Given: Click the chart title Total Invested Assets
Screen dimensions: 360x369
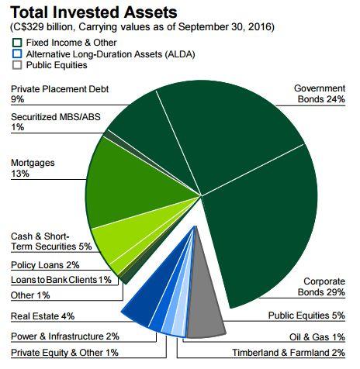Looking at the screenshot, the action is [94, 12].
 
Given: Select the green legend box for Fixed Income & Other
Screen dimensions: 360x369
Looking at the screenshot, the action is [17, 43].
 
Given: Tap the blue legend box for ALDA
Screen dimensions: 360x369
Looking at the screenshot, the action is [17, 53].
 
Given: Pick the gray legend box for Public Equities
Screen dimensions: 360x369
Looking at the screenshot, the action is [17, 65].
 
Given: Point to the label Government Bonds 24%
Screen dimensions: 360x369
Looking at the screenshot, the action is [320, 94].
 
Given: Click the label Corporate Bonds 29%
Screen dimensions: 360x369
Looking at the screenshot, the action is [321, 287].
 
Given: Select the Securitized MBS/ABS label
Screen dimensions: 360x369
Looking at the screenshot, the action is [56, 122].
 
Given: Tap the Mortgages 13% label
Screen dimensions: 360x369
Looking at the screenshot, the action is [33, 168].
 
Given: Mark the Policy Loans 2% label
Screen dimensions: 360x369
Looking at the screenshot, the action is [45, 265].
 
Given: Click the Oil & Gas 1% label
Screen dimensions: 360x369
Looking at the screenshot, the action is [317, 337].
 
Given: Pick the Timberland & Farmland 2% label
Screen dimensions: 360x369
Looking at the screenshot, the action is [289, 353].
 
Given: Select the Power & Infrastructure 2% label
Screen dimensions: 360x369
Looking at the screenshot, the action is [65, 336].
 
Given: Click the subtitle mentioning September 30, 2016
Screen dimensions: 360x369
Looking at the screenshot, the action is [142, 27].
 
